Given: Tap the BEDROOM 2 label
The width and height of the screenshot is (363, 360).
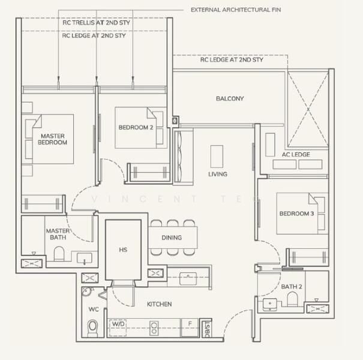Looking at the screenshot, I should pyautogui.click(x=136, y=127).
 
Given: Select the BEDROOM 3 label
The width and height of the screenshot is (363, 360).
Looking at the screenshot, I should pyautogui.click(x=296, y=214).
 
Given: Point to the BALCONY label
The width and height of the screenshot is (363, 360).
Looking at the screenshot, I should pyautogui.click(x=230, y=98).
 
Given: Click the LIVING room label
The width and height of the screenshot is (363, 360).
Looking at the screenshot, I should pyautogui.click(x=217, y=174).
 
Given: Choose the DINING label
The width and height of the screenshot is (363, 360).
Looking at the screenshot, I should pyautogui.click(x=172, y=238).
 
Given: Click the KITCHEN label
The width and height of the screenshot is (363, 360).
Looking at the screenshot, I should pyautogui.click(x=160, y=304).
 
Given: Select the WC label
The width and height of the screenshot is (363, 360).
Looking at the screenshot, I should pyautogui.click(x=94, y=310).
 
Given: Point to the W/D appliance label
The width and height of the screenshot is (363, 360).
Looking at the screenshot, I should pyautogui.click(x=117, y=325).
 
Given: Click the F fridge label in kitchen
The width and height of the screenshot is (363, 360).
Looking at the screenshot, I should pyautogui.click(x=190, y=324).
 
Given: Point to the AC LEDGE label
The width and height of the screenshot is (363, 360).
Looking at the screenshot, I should pyautogui.click(x=296, y=154).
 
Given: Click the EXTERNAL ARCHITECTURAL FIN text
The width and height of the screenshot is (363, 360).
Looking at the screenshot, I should pyautogui.click(x=235, y=10).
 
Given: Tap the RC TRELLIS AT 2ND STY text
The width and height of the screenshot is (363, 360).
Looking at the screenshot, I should pyautogui.click(x=96, y=23).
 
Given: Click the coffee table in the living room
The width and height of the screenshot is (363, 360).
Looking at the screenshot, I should pyautogui.click(x=216, y=157).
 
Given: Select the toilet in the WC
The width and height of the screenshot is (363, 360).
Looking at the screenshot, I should pyautogui.click(x=92, y=327).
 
